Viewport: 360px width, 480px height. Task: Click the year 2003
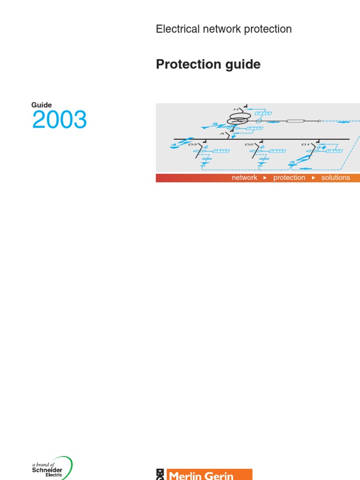[60, 120]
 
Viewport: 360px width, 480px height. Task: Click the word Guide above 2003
[42, 105]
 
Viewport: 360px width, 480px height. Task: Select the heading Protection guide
[208, 65]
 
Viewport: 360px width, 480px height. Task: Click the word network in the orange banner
[244, 178]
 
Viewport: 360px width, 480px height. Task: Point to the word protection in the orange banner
[289, 178]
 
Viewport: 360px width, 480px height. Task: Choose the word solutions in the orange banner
[336, 178]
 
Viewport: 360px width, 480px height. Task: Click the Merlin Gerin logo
[204, 474]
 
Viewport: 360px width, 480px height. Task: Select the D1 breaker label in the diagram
[306, 145]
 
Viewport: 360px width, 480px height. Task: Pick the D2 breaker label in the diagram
[249, 145]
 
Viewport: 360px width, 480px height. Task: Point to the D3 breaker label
[193, 145]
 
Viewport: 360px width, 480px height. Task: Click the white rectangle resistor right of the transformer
[295, 121]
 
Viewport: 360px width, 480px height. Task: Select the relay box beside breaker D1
[334, 150]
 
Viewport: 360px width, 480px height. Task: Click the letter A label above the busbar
[222, 134]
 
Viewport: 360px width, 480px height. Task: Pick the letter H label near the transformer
[236, 109]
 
